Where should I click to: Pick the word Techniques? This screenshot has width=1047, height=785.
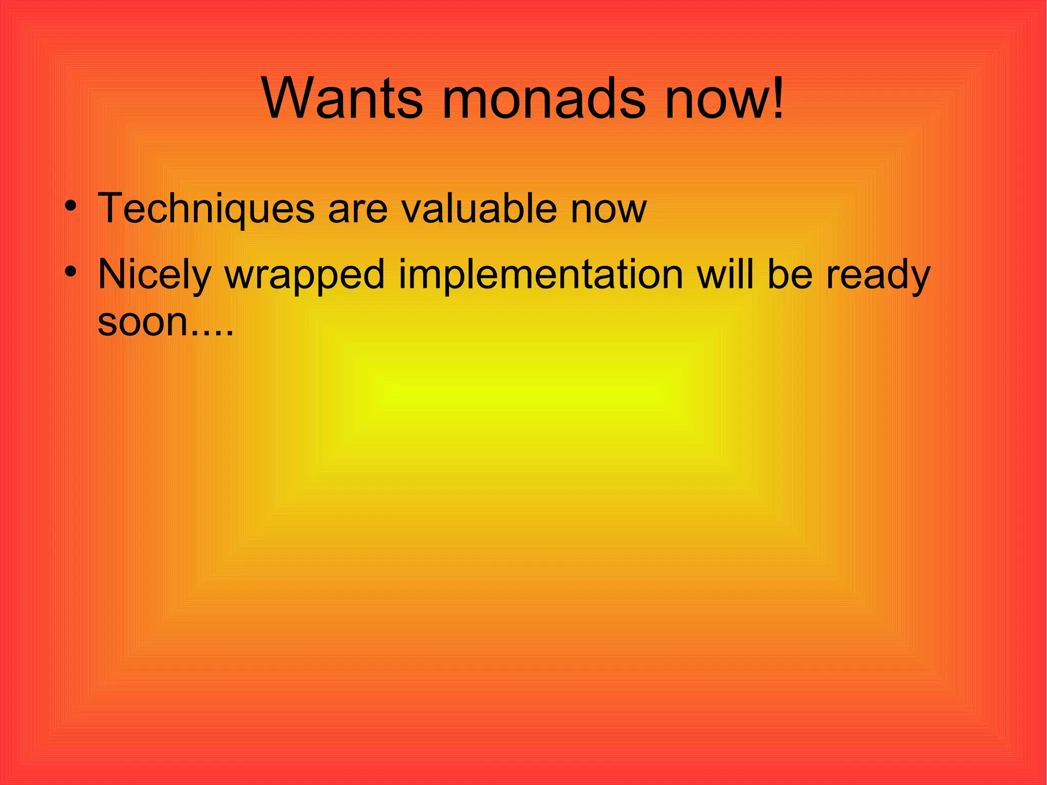pos(206,209)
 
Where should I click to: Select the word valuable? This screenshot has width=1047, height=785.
pos(479,209)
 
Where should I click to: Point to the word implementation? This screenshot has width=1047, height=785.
pos(541,275)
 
